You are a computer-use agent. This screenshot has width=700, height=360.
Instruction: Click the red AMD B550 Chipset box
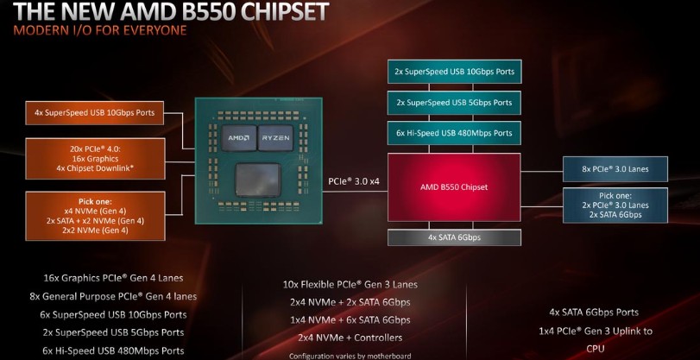[x=454, y=187]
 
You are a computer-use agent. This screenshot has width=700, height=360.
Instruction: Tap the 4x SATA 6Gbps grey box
[x=454, y=237]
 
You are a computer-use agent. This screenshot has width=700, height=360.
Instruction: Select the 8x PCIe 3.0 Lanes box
[x=615, y=169]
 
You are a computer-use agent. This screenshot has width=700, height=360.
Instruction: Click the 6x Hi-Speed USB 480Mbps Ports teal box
[x=454, y=133]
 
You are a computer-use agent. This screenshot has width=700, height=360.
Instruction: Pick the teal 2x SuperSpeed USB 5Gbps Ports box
[x=454, y=102]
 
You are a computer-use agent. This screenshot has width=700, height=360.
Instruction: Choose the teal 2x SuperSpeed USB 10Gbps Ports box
[x=454, y=72]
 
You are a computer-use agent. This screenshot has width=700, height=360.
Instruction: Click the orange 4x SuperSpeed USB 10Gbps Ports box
[x=95, y=112]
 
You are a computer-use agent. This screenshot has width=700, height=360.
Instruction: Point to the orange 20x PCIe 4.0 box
[x=96, y=159]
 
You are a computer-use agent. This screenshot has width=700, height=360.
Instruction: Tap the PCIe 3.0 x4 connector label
[x=355, y=181]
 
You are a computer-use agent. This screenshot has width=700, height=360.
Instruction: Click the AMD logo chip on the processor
[x=239, y=137]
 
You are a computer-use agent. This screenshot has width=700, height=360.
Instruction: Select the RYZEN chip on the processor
[x=275, y=137]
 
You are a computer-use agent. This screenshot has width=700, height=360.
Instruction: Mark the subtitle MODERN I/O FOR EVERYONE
[x=100, y=31]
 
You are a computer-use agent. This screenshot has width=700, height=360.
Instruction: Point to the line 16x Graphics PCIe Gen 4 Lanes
[x=113, y=278]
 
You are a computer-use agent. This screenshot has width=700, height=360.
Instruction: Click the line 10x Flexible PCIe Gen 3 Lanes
[x=350, y=285]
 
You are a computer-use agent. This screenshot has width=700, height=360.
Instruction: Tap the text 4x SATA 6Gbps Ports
[x=594, y=313]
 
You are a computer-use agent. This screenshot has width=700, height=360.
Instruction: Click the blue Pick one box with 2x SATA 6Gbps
[x=615, y=205]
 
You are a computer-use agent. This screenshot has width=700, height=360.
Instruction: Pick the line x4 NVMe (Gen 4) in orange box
[x=95, y=211]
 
